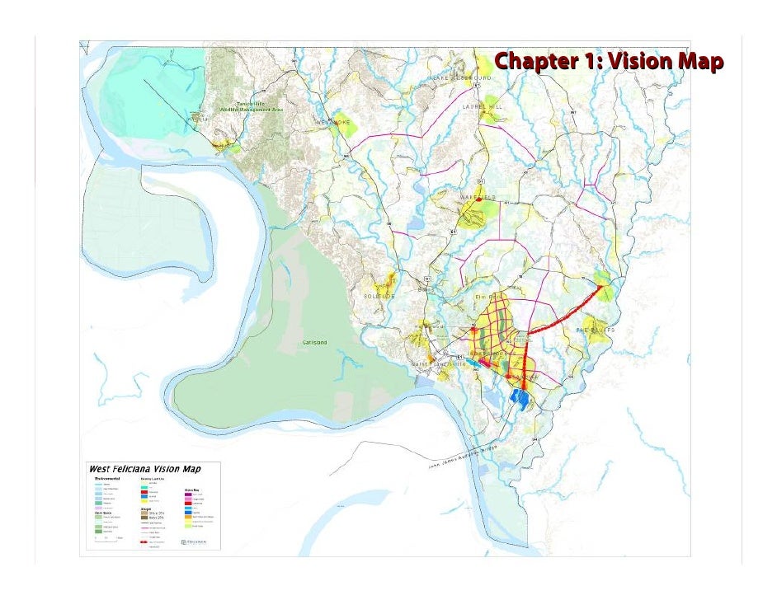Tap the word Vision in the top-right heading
click(x=636, y=61)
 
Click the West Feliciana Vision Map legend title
click(x=144, y=469)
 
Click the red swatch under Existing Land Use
click(x=145, y=492)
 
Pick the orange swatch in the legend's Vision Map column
click(x=188, y=504)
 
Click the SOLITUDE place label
click(x=379, y=296)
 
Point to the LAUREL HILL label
click(x=483, y=106)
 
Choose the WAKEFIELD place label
click(x=478, y=198)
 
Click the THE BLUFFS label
click(x=596, y=330)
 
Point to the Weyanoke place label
click(x=333, y=122)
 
